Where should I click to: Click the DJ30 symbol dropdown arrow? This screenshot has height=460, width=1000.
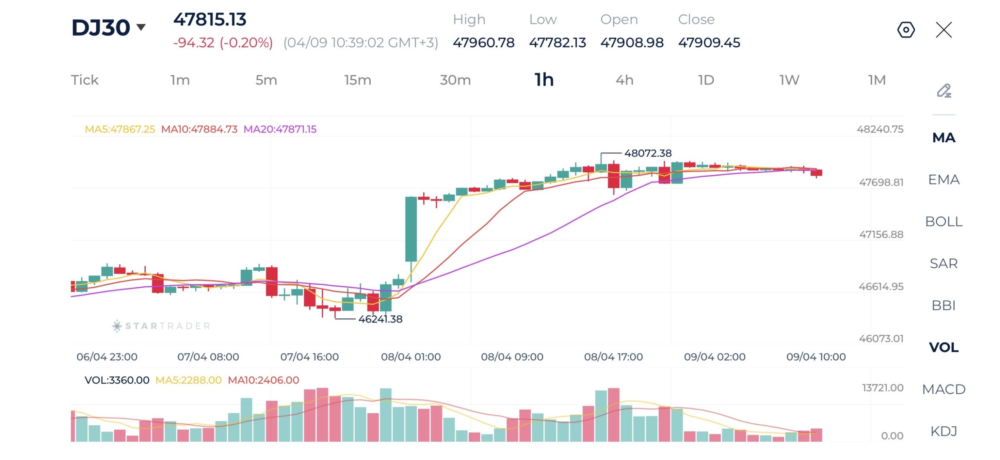[x=141, y=27]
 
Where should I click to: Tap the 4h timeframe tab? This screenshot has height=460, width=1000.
[x=624, y=80]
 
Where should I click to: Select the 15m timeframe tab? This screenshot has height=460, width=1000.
[x=357, y=80]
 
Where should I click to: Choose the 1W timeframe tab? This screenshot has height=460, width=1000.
[x=789, y=80]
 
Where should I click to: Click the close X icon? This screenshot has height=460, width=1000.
[x=944, y=30]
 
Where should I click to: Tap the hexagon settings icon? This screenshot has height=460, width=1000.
[x=906, y=30]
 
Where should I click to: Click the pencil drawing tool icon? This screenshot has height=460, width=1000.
[x=944, y=91]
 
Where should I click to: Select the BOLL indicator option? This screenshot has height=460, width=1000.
[x=943, y=222]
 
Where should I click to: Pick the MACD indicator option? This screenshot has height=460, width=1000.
[x=943, y=389]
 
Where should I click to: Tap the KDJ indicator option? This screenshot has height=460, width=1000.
[x=943, y=431]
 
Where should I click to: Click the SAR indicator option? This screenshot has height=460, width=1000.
[x=943, y=263]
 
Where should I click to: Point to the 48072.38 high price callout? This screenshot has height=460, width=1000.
[x=648, y=153]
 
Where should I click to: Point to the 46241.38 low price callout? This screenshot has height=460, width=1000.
[x=380, y=319]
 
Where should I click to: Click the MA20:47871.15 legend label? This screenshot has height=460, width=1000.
[x=280, y=129]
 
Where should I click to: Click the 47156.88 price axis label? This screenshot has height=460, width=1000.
[x=881, y=234]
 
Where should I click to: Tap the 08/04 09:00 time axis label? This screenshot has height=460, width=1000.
[x=512, y=357]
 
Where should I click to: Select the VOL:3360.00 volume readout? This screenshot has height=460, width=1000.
[x=117, y=380]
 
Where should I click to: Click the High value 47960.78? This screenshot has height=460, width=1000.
[x=484, y=43]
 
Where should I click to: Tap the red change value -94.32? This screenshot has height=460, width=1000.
[x=194, y=43]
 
